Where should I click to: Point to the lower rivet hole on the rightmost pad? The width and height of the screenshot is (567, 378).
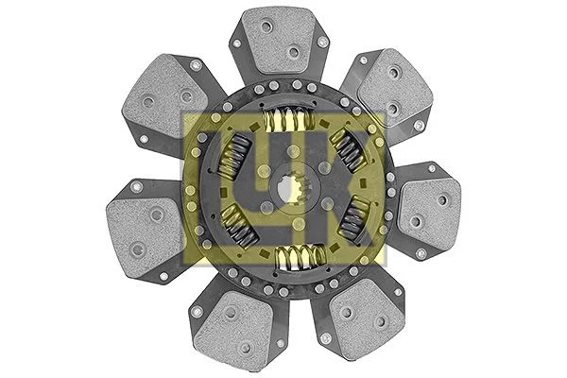[415, 222]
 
